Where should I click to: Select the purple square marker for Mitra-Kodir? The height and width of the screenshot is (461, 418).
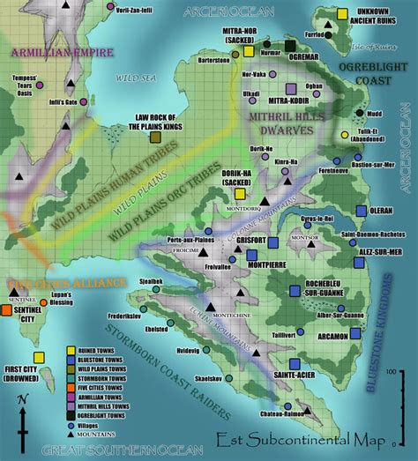tap(291, 88)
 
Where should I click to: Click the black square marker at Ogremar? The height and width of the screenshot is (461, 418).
tap(290, 46)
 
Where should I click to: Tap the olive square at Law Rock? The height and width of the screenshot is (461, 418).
tap(155, 137)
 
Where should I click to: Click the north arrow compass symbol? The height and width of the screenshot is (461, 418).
tap(26, 421)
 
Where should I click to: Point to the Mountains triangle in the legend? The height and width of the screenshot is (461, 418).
tap(71, 435)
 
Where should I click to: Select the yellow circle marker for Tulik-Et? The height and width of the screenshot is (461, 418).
tap(345, 134)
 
